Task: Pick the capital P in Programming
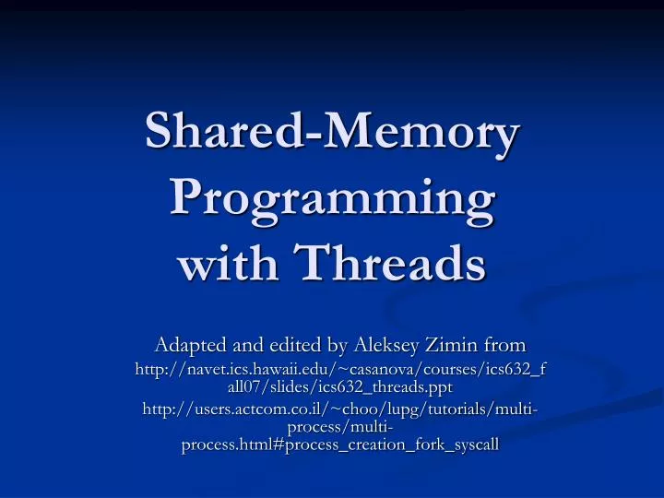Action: tap(188, 199)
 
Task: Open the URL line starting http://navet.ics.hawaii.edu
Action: tap(339, 370)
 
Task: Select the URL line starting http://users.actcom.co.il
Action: tap(339, 409)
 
